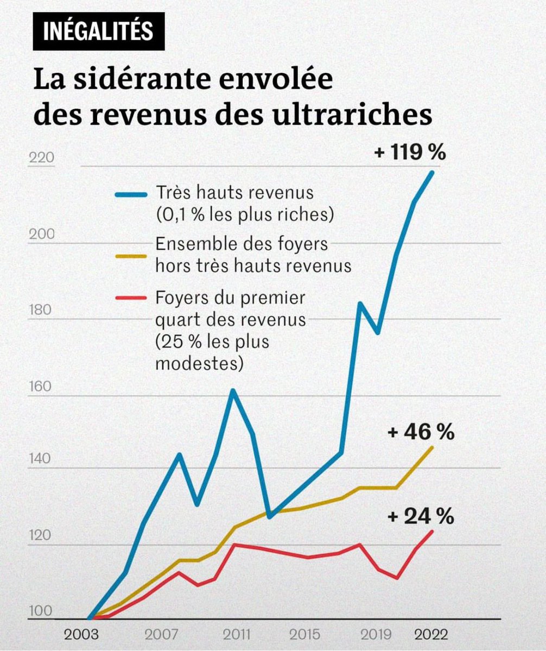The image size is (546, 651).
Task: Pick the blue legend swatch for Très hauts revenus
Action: coord(130,194)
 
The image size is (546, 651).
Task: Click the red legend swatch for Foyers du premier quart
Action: coord(130,298)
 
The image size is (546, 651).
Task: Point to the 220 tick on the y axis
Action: coord(41,159)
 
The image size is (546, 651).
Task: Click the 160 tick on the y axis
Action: coord(41,388)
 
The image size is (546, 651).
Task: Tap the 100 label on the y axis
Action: coord(41,611)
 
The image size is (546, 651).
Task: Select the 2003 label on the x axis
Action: coord(81,634)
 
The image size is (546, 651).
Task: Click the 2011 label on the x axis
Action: coord(236,634)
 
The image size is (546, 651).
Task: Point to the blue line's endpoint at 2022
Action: coord(432,173)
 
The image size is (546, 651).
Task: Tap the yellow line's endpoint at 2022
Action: coord(432,447)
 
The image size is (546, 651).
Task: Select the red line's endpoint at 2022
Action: coord(432,532)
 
